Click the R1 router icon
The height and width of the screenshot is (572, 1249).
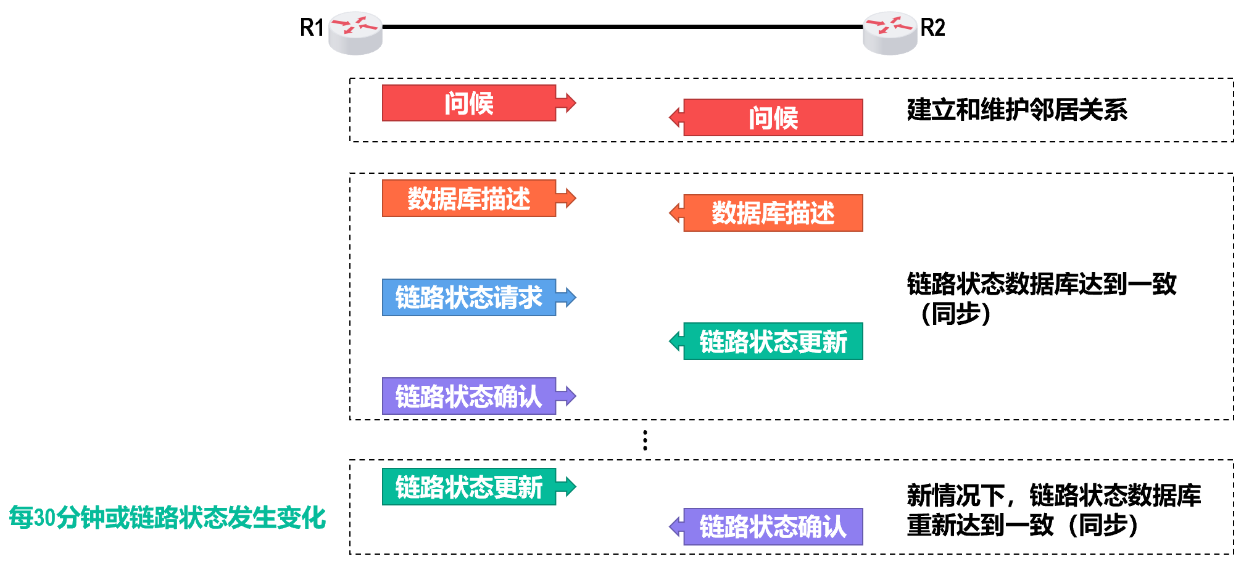pyautogui.click(x=355, y=32)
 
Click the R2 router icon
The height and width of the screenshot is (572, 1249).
pyautogui.click(x=889, y=32)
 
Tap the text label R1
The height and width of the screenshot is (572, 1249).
pyautogui.click(x=312, y=28)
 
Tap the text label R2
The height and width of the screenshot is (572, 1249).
pyautogui.click(x=932, y=28)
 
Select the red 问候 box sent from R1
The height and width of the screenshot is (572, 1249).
pyautogui.click(x=469, y=103)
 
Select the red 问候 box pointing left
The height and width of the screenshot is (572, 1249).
pyautogui.click(x=773, y=118)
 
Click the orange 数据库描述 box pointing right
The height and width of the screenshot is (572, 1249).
pyautogui.click(x=469, y=198)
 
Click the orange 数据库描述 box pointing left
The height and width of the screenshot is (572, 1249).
pyautogui.click(x=773, y=213)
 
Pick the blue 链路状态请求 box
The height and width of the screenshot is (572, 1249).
pyautogui.click(x=469, y=298)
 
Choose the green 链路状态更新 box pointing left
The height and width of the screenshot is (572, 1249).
pyautogui.click(x=773, y=341)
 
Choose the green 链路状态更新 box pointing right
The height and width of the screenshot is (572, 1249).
pyautogui.click(x=469, y=487)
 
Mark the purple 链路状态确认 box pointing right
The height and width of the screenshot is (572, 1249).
pyautogui.click(x=469, y=396)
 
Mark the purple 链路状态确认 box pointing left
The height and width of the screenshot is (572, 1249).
pyautogui.click(x=773, y=527)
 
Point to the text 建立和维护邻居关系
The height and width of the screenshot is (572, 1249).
pyautogui.click(x=1017, y=110)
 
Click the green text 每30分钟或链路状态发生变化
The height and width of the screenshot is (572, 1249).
pyautogui.click(x=167, y=518)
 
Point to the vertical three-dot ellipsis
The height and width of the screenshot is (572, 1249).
pyautogui.click(x=645, y=440)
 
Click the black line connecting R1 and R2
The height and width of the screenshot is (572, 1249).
pyautogui.click(x=622, y=27)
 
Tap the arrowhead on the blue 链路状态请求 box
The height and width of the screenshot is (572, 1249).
pyautogui.click(x=567, y=298)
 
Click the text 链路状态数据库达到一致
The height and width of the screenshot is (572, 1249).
pyautogui.click(x=1042, y=284)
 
